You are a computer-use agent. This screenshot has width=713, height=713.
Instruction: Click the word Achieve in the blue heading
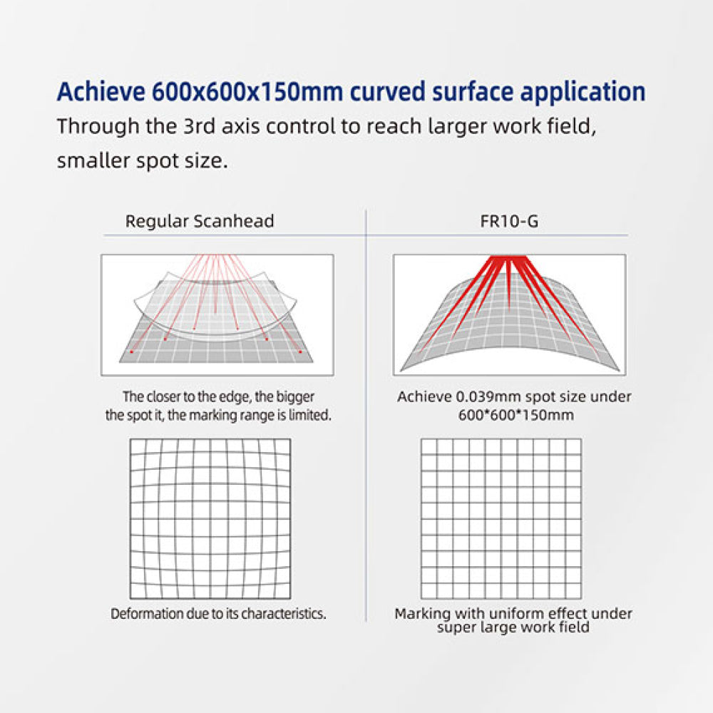(101, 91)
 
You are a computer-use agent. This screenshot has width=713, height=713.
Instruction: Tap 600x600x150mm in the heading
(247, 91)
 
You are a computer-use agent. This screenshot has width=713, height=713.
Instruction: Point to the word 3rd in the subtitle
(199, 126)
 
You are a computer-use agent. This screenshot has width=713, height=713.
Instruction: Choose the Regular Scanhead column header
(200, 221)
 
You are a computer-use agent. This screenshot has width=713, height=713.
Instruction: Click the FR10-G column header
(509, 221)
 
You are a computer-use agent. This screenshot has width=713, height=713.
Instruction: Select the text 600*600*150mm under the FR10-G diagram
(515, 415)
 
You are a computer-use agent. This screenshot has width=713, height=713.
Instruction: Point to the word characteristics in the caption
(283, 613)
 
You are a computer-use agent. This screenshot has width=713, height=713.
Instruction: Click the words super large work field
(513, 627)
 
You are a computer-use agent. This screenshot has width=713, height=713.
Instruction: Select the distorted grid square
(210, 519)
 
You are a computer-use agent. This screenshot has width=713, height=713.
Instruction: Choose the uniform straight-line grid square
(501, 519)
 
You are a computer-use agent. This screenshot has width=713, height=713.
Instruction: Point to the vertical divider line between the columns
(366, 416)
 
